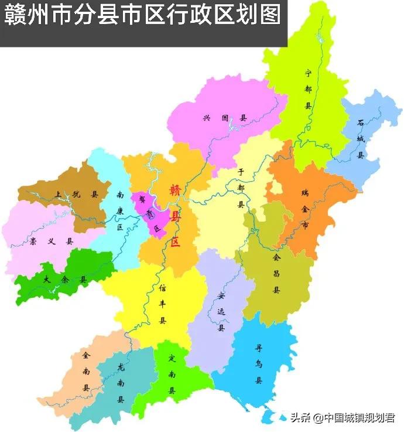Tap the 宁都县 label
point(309,89)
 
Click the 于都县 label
point(240,188)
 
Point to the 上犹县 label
point(76,194)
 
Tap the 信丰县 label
point(163,304)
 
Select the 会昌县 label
point(276,273)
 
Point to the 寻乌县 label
point(258,363)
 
